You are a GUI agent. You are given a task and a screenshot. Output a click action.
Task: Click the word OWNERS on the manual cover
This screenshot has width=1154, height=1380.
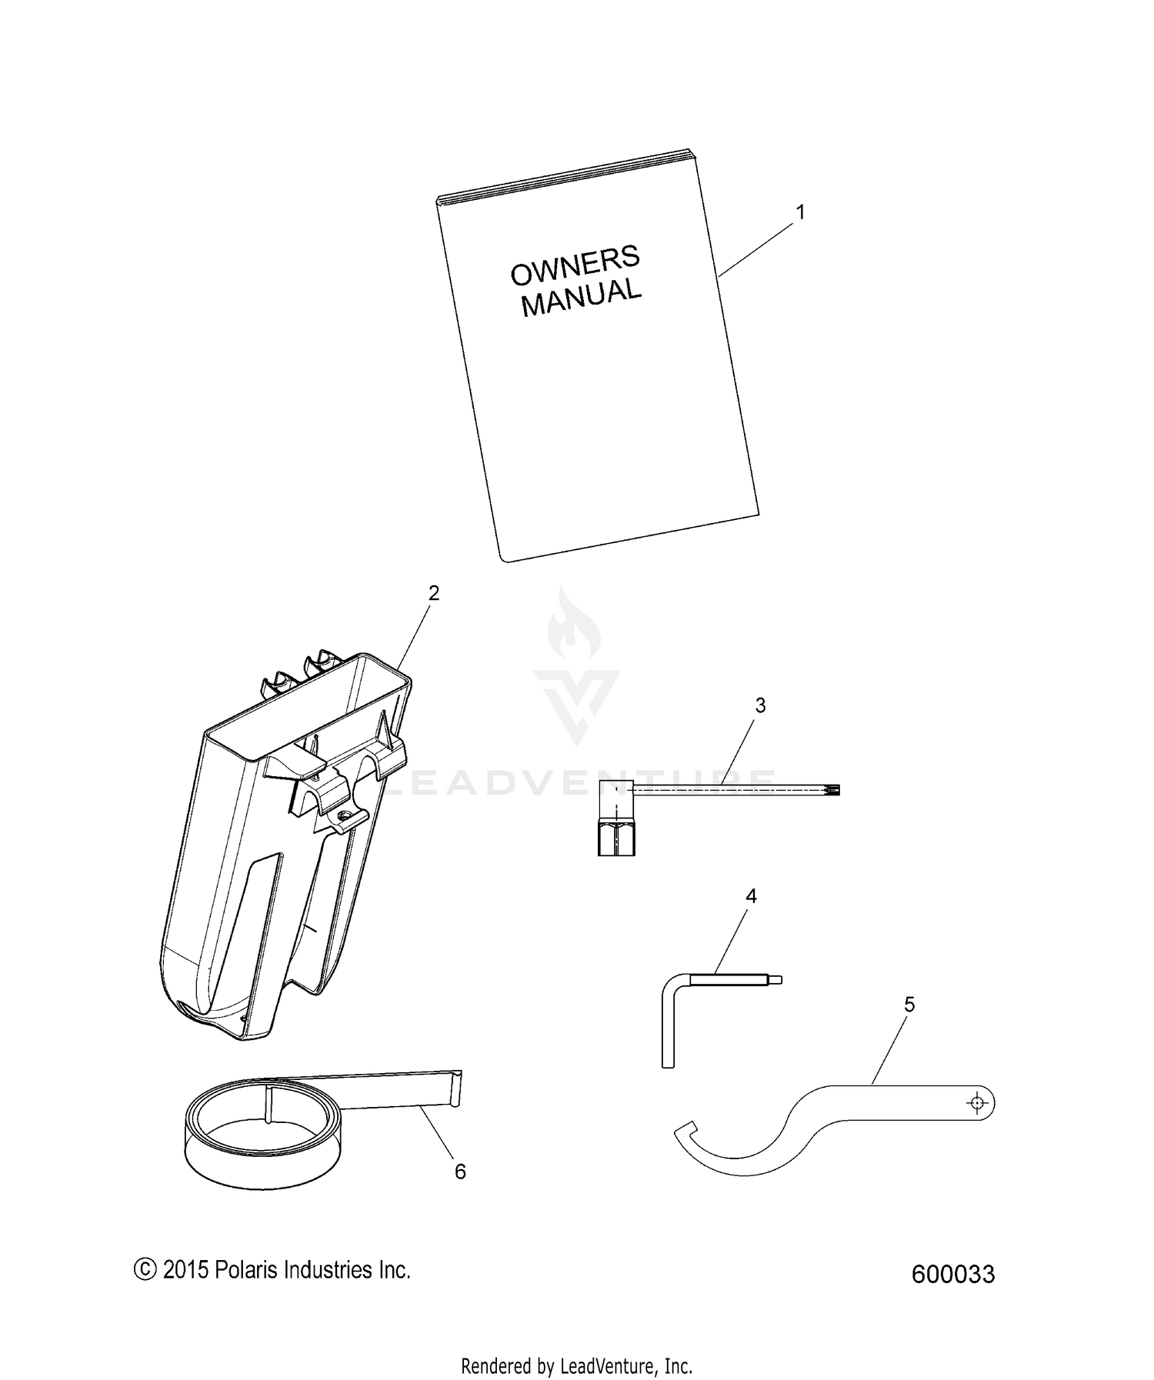click(x=575, y=264)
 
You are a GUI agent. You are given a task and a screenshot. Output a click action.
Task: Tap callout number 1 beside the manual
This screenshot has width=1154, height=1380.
click(x=800, y=212)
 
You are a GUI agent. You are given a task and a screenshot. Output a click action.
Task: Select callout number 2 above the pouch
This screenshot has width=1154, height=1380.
click(x=434, y=593)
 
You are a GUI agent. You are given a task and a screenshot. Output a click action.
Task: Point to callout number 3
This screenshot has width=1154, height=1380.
click(x=760, y=705)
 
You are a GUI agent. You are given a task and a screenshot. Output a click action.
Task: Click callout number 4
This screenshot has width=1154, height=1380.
click(x=752, y=896)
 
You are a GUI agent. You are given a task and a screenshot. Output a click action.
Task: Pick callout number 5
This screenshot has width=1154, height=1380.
click(x=909, y=1005)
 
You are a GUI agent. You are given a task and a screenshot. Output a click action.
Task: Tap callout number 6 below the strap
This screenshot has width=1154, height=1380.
click(x=460, y=1172)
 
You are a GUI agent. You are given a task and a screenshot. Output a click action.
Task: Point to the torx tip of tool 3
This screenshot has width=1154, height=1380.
click(x=834, y=789)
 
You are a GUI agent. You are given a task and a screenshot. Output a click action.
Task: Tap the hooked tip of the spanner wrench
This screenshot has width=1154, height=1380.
click(x=685, y=1129)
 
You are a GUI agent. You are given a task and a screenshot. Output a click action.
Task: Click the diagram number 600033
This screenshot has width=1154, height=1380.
click(x=953, y=1275)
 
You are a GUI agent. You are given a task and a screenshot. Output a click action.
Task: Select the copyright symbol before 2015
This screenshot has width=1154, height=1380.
click(x=144, y=1269)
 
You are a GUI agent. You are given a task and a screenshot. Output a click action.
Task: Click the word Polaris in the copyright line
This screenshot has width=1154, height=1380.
click(x=245, y=1269)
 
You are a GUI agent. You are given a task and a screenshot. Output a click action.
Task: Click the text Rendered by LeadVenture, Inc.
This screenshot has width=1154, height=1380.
click(x=577, y=1345)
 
